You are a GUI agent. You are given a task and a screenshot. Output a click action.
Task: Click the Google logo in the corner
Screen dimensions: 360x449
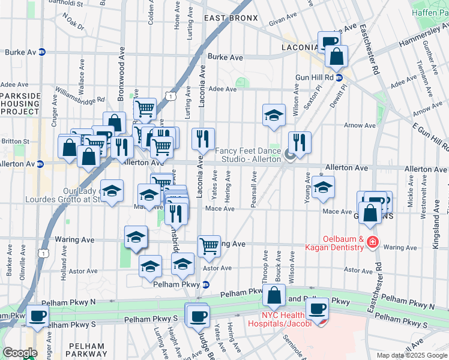tap(20, 353)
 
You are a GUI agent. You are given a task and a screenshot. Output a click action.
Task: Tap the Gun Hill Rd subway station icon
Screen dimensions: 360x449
tap(339, 77)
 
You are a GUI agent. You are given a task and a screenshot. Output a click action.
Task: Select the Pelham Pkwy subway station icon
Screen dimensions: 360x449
tap(205, 284)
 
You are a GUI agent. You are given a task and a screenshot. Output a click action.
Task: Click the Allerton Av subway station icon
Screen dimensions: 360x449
tap(40, 164)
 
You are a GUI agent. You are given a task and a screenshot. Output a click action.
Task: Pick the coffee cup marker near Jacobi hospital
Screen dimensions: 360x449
tap(317, 308)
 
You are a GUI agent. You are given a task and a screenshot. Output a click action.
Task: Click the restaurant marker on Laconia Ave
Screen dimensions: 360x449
tap(203, 139)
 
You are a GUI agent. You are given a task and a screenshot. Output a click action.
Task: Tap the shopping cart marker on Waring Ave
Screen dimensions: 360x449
tap(209, 245)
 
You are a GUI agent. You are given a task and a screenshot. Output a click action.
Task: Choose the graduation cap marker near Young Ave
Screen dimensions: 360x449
tap(323, 187)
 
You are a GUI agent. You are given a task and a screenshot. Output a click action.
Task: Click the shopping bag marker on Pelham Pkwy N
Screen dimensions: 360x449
tap(274, 295)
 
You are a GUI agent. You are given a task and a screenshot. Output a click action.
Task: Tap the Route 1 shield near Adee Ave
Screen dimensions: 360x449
tap(172, 96)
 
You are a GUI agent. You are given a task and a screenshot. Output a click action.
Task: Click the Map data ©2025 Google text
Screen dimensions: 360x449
tap(412, 355)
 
